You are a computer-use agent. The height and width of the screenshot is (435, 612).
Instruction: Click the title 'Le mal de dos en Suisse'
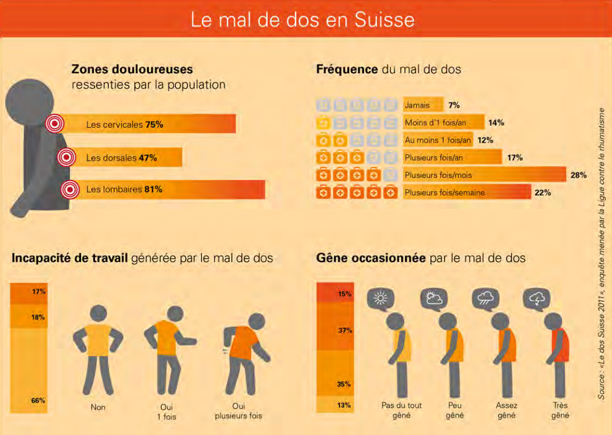tap(302, 20)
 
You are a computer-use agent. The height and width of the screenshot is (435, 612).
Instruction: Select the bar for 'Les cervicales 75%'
tap(148, 124)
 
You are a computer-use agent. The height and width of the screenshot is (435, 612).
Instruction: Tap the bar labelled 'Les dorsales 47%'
tap(123, 158)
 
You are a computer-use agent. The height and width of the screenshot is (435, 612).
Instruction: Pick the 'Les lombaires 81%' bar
tap(165, 190)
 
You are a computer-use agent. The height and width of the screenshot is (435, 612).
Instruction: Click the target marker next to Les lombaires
tap(70, 190)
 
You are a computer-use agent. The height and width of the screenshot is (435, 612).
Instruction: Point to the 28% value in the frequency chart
tap(578, 175)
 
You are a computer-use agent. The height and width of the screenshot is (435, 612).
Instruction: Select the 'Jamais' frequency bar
tap(422, 105)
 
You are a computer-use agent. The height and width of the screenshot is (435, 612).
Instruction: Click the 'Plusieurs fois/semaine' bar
tap(466, 193)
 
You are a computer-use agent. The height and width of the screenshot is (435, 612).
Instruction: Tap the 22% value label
tap(542, 193)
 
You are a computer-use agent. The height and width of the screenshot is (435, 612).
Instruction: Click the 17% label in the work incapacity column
tap(38, 292)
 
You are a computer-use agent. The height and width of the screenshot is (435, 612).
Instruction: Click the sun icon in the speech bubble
tap(380, 298)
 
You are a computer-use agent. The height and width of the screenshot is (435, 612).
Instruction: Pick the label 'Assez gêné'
tap(506, 411)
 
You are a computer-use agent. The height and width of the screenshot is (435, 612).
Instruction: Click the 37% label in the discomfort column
tap(344, 330)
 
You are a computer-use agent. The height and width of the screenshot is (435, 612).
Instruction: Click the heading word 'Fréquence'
tap(346, 70)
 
